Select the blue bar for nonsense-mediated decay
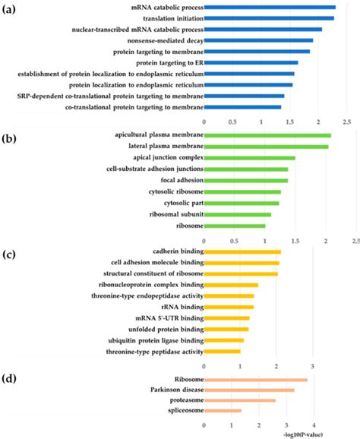258,40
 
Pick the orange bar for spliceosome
223,411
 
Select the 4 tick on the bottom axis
314,425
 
